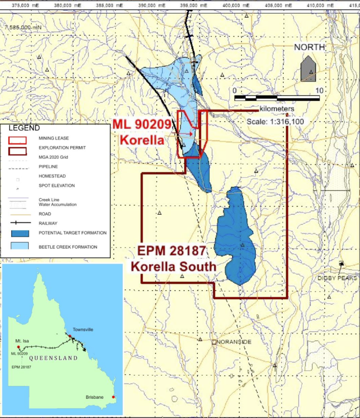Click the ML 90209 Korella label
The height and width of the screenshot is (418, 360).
tap(142, 132)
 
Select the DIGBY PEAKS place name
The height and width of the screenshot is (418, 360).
tap(337, 278)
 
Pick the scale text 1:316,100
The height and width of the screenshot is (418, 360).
tap(275, 122)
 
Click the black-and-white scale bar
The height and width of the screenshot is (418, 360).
tap(277, 98)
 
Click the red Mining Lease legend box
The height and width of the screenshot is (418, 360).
tap(18, 140)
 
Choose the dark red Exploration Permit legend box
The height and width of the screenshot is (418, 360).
tap(18, 149)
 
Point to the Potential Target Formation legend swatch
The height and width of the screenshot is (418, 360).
tap(18, 233)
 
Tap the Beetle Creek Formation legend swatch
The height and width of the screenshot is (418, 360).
tap(18, 246)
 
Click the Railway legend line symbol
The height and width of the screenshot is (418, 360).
tap(18, 223)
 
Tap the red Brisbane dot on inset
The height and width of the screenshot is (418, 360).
tap(113, 397)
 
